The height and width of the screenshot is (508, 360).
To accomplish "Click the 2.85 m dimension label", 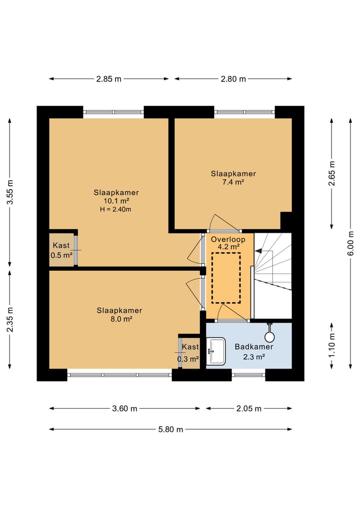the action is pyautogui.click(x=108, y=79).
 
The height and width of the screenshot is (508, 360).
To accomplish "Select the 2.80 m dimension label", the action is pyautogui.click(x=233, y=79).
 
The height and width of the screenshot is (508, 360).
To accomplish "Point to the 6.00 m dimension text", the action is pyautogui.click(x=350, y=243).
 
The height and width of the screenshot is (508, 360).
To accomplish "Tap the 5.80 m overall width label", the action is pyautogui.click(x=170, y=429).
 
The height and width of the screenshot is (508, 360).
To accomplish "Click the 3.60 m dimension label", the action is pyautogui.click(x=124, y=409).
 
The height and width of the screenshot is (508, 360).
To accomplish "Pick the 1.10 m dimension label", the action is pyautogui.click(x=332, y=345).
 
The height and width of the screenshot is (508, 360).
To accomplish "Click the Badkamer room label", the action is pyautogui.click(x=254, y=347).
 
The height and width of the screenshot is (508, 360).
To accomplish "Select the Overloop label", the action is pyautogui.click(x=228, y=239).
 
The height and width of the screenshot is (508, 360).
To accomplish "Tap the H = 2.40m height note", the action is pyautogui.click(x=116, y=209).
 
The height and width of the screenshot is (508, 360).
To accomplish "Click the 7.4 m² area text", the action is pyautogui.click(x=233, y=182).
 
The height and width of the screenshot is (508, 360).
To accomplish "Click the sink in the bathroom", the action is pyautogui.click(x=216, y=351).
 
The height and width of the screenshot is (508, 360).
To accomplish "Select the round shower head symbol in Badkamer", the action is pyautogui.click(x=269, y=337).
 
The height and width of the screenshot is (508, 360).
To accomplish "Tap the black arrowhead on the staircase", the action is pyautogui.click(x=258, y=251).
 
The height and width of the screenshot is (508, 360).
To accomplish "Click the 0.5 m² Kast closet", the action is pyautogui.click(x=61, y=250).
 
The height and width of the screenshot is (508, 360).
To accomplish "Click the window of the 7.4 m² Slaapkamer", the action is pyautogui.click(x=244, y=112).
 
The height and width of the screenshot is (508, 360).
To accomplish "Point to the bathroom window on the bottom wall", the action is pyautogui.click(x=248, y=375).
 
